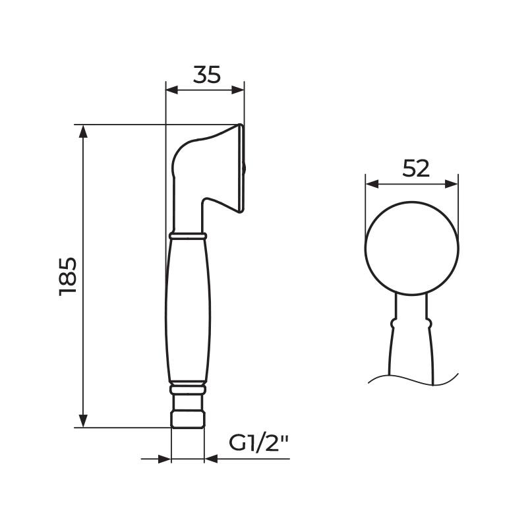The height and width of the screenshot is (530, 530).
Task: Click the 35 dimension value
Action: tap(206, 74)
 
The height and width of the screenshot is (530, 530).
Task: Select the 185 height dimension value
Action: tap(68, 276)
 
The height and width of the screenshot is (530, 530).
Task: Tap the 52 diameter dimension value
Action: tap(416, 169)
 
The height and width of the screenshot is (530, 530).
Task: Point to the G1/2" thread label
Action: tap(258, 443)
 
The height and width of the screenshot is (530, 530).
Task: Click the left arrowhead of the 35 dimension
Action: tap(171, 90)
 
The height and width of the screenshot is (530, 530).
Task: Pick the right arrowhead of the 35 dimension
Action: tap(238, 90)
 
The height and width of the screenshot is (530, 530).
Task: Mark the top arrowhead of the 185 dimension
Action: tap(83, 131)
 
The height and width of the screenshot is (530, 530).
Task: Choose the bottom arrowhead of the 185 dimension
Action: tap(83, 421)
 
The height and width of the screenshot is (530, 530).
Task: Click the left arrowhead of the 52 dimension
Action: tap(372, 184)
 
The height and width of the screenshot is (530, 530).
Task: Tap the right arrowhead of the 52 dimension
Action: tap(452, 184)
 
